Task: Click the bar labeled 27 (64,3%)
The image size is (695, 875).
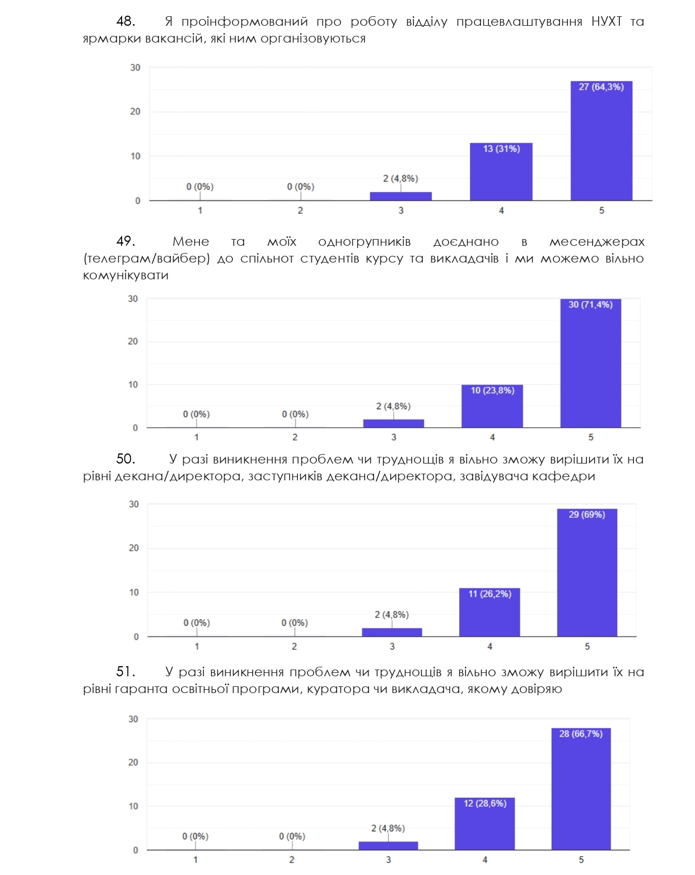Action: point(601,141)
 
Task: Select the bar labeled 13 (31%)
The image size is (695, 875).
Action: point(501,171)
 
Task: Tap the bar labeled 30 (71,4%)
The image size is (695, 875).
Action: point(591,363)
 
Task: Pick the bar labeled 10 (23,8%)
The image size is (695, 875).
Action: point(492,406)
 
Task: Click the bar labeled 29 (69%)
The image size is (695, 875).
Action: point(587,573)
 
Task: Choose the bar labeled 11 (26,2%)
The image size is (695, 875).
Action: point(489,612)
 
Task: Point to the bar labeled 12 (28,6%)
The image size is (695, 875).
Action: point(484,823)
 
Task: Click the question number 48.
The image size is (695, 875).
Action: point(125,21)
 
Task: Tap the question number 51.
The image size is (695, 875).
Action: point(125,672)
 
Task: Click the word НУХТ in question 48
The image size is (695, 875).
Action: point(607,21)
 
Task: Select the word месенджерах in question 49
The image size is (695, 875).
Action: point(597,242)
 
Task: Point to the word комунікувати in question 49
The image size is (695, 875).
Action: point(126,275)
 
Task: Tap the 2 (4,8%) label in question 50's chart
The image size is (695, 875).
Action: point(392,614)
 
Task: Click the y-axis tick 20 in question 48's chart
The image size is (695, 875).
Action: point(135,111)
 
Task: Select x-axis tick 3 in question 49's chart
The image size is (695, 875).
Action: point(394,437)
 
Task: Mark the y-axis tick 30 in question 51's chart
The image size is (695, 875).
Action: point(133,719)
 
